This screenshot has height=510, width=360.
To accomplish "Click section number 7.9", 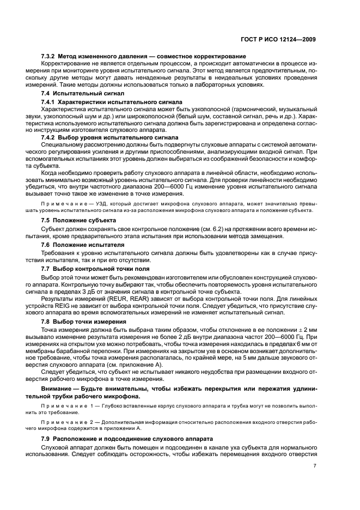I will coord(47,439).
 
